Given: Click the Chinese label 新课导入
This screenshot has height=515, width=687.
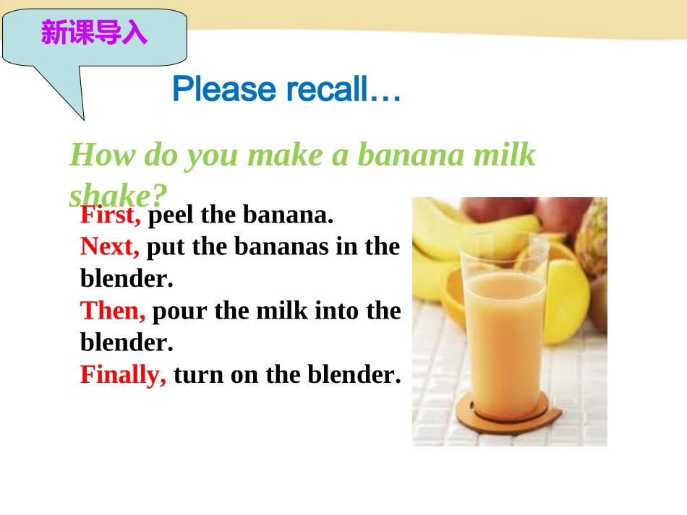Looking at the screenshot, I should tap(94, 33).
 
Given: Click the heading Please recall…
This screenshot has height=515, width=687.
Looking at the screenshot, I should tap(286, 90).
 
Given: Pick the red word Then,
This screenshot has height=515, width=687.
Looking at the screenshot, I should tap(113, 311).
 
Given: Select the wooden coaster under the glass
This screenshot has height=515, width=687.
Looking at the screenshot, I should tap(506, 418).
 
